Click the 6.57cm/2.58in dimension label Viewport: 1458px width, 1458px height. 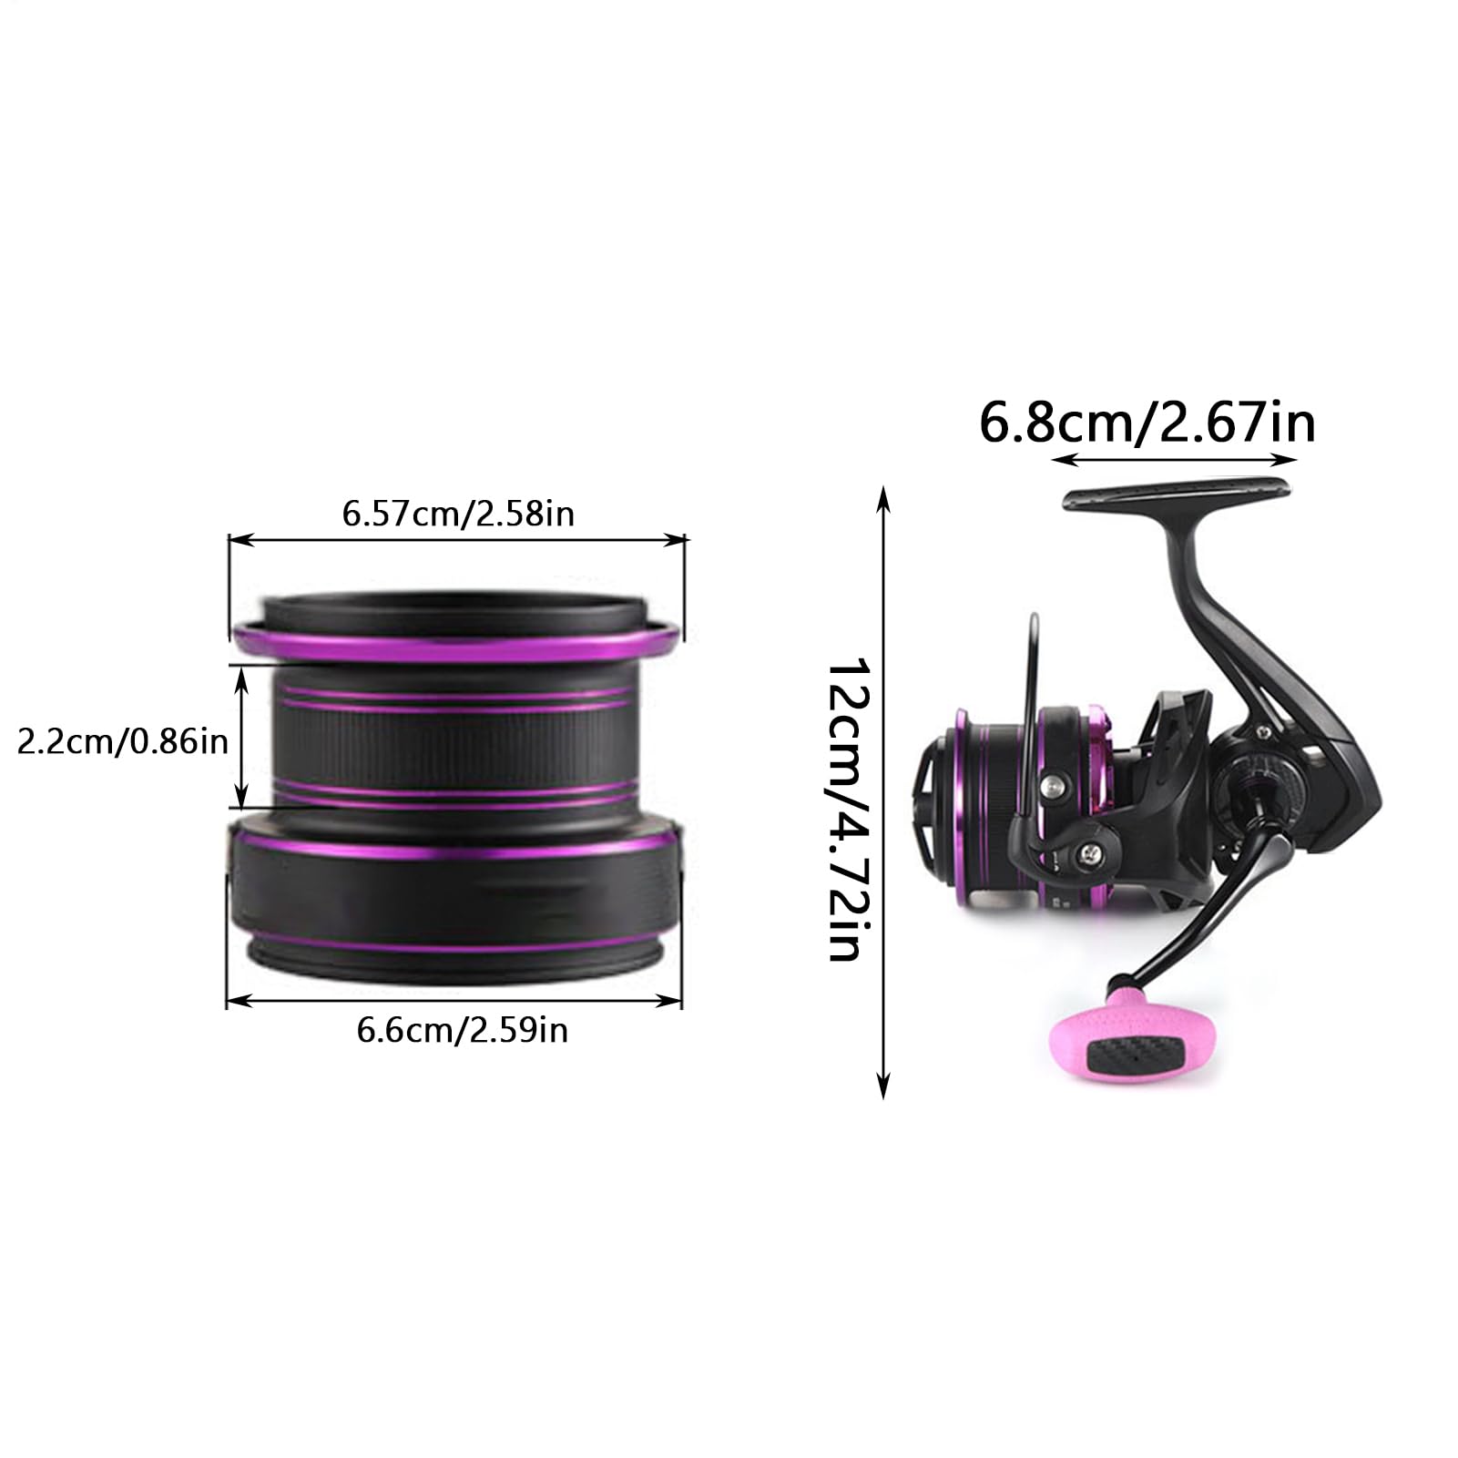[x=458, y=515]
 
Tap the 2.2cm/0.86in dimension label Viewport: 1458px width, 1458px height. [x=123, y=741]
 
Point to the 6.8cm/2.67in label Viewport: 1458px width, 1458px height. [x=1147, y=423]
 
